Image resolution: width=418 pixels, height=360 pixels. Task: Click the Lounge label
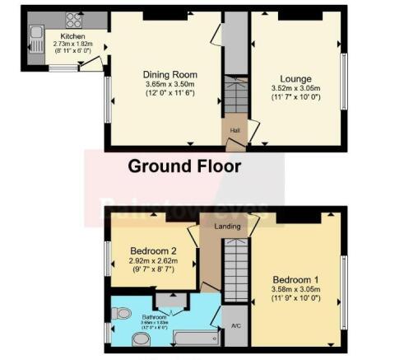[x=295, y=79]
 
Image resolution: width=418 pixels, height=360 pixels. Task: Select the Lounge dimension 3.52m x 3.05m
[x=295, y=89]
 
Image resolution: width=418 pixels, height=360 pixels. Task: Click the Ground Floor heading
[x=184, y=166]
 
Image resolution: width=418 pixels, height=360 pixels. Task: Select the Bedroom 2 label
[x=152, y=250]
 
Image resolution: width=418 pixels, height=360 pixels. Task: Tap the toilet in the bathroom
[x=122, y=313]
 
